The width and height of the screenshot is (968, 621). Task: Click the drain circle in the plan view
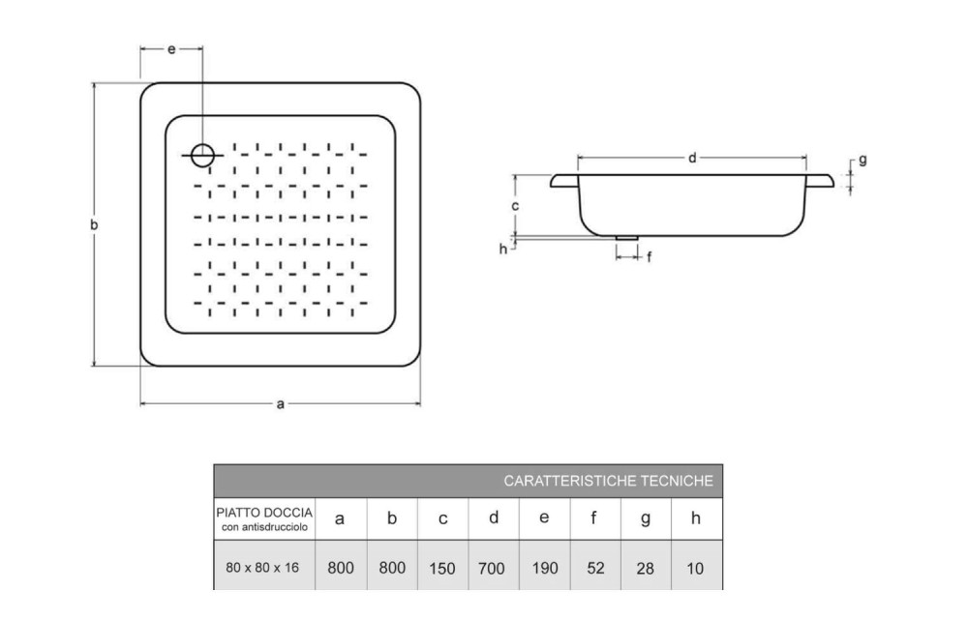(202, 154)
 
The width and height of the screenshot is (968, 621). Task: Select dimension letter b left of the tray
(95, 224)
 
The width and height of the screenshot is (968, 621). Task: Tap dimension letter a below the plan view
(280, 404)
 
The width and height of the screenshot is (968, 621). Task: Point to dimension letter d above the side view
(692, 158)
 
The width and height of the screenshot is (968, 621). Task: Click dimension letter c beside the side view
(516, 206)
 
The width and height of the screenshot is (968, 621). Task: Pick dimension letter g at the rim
(862, 161)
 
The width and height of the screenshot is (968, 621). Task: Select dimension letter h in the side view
(502, 249)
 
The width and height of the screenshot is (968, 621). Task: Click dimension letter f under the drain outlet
(649, 256)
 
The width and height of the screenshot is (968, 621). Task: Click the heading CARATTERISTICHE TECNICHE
(609, 480)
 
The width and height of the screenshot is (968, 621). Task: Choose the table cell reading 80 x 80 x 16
(263, 568)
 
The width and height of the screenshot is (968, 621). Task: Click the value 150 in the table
(442, 569)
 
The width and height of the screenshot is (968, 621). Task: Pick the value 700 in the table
(494, 569)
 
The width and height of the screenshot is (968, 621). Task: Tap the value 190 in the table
(545, 569)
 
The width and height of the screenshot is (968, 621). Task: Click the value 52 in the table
(595, 569)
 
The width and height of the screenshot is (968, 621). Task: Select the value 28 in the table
(646, 569)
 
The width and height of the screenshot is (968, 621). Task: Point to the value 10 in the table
(696, 569)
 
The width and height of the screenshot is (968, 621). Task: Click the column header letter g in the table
(646, 519)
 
